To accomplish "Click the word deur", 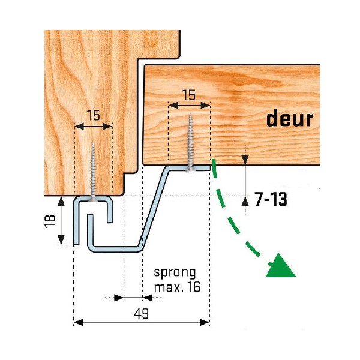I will click(x=290, y=119).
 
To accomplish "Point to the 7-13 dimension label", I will click(x=270, y=199).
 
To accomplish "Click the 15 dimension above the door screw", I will click(x=188, y=94).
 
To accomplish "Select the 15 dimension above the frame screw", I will click(x=92, y=115).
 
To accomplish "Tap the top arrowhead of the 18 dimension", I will click(x=61, y=200).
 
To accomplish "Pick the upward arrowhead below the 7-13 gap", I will click(x=245, y=200).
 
